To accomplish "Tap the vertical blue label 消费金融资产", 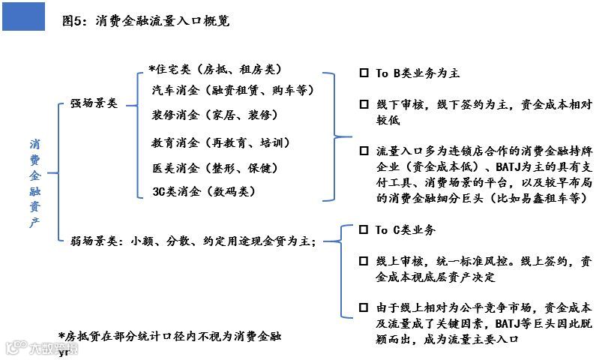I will (35, 183).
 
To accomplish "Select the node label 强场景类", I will (94, 103).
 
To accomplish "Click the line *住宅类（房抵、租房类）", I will (214, 69).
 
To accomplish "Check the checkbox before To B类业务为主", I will (364, 73).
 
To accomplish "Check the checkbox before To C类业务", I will (364, 230).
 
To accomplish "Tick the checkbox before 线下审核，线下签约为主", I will (364, 104).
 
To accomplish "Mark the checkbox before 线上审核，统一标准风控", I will (364, 262).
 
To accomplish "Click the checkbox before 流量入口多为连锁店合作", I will (364, 151).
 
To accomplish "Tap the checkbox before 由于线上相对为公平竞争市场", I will (364, 308).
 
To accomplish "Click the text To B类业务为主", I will (417, 73).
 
